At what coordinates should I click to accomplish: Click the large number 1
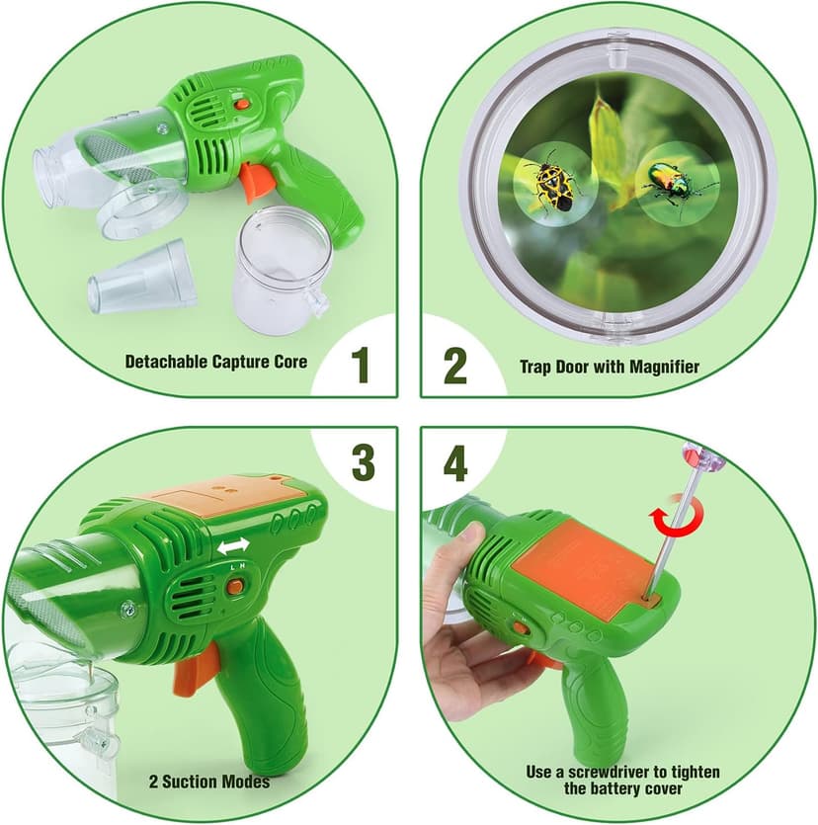[362, 365]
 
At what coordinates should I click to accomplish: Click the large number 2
[454, 365]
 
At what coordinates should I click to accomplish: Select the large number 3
[363, 461]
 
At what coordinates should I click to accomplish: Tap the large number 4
[455, 461]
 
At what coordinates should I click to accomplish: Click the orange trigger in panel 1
[255, 181]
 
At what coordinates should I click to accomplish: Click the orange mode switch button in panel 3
[234, 586]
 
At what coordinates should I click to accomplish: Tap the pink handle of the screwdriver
[697, 455]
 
